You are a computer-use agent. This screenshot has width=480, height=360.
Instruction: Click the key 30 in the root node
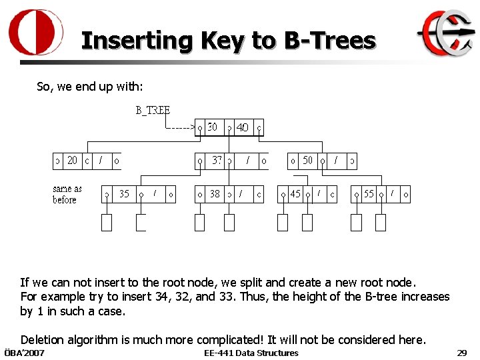(x=212, y=127)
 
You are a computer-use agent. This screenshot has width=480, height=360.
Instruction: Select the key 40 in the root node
(x=243, y=127)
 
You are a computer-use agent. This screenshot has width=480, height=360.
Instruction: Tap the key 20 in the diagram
(x=72, y=161)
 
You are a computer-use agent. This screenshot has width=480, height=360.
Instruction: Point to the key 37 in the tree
(x=217, y=161)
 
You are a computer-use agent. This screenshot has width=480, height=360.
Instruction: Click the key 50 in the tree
(x=307, y=161)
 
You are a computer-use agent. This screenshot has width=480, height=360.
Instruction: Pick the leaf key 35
(x=124, y=194)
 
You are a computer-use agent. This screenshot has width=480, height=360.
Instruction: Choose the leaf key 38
(x=215, y=194)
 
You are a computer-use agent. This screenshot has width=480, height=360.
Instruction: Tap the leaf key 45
(x=295, y=194)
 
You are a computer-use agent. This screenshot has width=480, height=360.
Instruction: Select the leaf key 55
(x=369, y=194)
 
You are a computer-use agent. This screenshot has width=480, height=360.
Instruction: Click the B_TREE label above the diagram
(x=153, y=110)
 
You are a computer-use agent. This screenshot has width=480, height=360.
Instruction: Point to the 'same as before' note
(x=67, y=194)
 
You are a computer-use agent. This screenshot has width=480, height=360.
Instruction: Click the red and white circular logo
(x=36, y=33)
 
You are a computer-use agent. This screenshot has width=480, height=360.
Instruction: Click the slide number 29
(x=461, y=353)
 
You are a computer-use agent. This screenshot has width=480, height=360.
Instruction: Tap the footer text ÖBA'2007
(x=24, y=353)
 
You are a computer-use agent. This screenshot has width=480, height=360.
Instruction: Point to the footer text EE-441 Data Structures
(x=251, y=353)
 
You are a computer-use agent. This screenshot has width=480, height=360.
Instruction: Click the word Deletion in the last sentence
(x=44, y=340)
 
